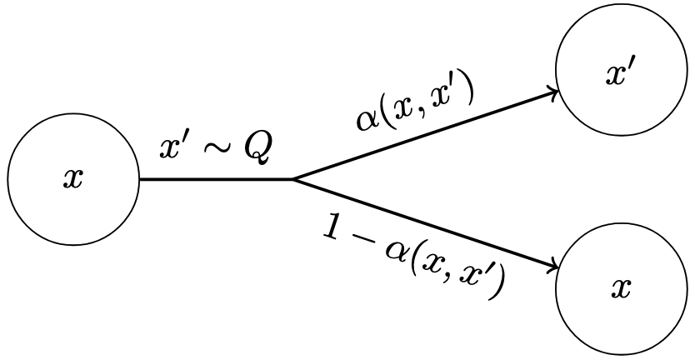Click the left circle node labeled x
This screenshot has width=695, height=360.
tap(73, 179)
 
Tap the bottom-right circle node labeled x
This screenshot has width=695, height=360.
tap(619, 287)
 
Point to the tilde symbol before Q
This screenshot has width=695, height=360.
tap(217, 151)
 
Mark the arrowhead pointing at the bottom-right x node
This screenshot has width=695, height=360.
tap(552, 268)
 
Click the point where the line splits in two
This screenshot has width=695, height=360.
tap(293, 179)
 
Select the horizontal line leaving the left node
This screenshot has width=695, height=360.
tap(217, 179)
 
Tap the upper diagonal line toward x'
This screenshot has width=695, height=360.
tap(425, 135)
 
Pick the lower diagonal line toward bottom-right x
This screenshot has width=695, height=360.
tap(425, 224)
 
